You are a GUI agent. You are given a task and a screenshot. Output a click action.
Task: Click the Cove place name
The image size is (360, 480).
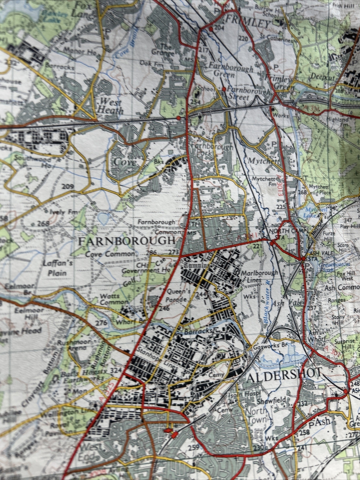125,162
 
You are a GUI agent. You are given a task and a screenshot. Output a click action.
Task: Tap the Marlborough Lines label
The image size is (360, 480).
259,276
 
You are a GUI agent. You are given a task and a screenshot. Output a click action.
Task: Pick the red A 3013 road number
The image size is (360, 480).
280,186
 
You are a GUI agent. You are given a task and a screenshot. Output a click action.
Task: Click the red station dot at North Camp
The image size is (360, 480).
272,243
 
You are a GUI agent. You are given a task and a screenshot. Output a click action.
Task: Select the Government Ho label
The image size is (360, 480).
146,270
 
